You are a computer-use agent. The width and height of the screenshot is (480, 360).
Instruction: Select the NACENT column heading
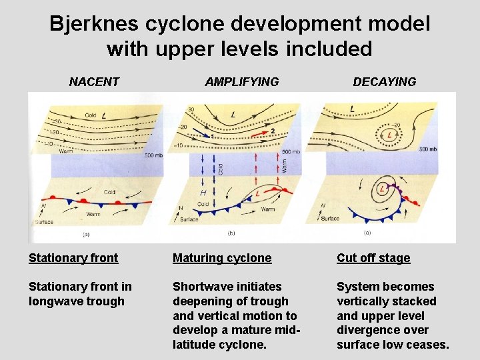(94, 82)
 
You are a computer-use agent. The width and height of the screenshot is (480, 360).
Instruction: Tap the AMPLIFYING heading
(241, 82)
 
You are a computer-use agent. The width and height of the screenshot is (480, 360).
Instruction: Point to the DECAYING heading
(384, 82)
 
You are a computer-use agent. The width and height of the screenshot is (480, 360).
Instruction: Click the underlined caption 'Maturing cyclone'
(222, 258)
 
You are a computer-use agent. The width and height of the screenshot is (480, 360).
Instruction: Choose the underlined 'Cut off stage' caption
(373, 258)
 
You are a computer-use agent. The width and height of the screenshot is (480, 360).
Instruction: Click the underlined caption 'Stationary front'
(73, 258)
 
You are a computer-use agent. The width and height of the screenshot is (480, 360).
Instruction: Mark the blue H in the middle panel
(203, 192)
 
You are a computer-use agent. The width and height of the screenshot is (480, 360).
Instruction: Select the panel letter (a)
(86, 234)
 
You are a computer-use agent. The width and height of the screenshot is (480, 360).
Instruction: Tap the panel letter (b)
(231, 234)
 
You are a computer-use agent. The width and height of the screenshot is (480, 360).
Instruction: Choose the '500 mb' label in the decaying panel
(427, 149)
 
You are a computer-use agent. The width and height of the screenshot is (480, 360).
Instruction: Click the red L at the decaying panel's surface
(382, 189)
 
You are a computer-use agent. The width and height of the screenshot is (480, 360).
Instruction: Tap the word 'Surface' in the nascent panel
(44, 221)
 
